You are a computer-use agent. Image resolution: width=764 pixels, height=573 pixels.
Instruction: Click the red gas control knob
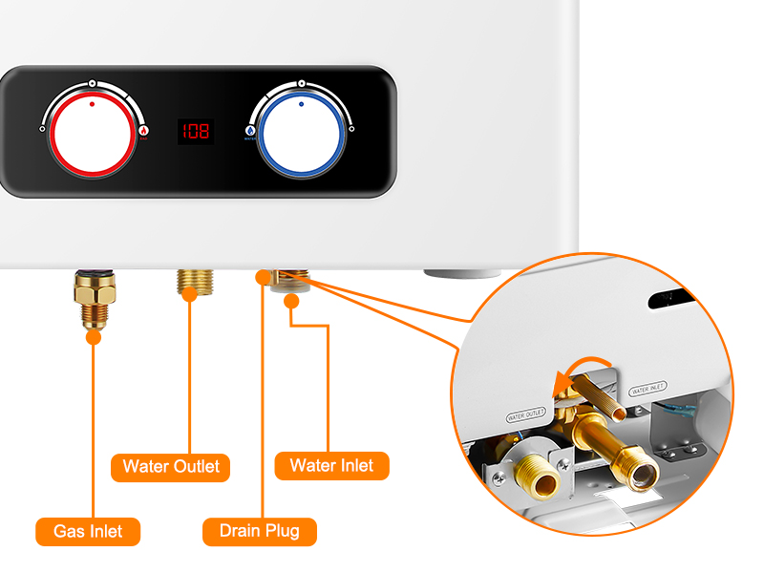pos(92,130)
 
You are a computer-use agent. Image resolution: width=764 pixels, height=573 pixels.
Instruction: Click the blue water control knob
pos(302,130)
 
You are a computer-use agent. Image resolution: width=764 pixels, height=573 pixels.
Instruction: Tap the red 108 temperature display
pos(196,131)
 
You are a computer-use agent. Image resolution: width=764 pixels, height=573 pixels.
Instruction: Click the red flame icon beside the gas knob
pos(144,132)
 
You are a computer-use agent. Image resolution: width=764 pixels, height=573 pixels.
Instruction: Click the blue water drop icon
pos(250,131)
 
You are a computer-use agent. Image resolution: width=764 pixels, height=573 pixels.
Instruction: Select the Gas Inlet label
pos(88,531)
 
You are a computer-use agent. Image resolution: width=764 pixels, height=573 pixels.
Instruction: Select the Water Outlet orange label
pos(171,467)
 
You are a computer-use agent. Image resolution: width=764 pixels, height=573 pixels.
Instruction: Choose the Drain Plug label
pos(260,531)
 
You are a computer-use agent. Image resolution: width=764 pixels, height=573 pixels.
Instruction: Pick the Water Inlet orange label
pos(331,466)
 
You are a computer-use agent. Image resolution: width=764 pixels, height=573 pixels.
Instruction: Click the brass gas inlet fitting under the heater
pos(93,298)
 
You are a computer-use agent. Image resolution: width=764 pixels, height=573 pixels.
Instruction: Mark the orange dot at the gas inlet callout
pos(93,335)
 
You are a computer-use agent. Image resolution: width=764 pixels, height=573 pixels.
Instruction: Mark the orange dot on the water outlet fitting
pos(190,295)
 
